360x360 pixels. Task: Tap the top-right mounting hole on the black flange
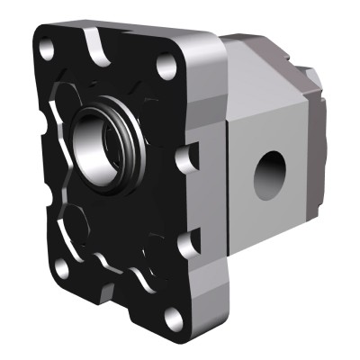tap(164, 65)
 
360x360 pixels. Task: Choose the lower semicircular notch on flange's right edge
tap(187, 240)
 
